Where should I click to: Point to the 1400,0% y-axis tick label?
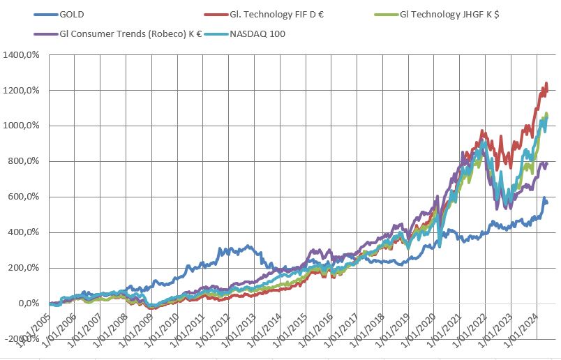coord(24,55)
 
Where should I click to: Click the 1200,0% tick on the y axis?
coord(24,91)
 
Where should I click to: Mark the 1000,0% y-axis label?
coord(24,126)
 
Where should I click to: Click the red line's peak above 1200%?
coord(546,84)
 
